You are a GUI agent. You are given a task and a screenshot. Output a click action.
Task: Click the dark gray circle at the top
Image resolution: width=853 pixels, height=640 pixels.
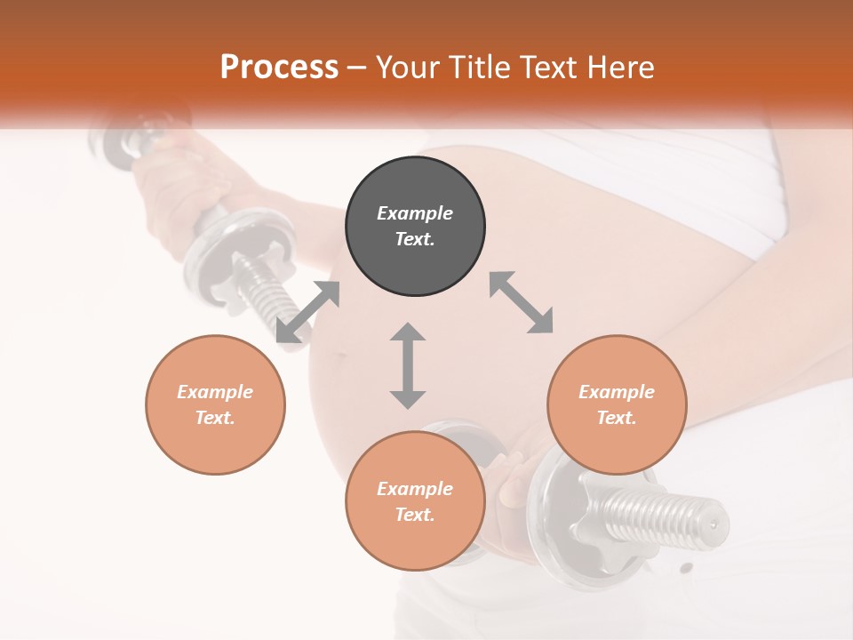[415, 227]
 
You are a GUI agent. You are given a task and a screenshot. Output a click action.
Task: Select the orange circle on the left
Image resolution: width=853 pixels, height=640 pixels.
[215, 404]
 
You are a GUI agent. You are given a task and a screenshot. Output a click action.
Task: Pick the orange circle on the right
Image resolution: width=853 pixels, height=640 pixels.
[617, 404]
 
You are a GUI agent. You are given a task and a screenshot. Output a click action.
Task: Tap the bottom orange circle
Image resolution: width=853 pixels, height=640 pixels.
[415, 500]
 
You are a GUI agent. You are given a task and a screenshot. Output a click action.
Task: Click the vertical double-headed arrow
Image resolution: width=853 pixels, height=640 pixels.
[408, 365]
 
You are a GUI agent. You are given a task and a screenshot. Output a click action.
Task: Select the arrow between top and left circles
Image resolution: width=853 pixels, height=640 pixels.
[307, 312]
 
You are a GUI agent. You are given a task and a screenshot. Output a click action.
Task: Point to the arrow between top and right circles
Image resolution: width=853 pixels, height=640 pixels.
[521, 302]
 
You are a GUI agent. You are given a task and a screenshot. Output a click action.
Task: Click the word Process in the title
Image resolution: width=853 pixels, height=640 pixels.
[279, 67]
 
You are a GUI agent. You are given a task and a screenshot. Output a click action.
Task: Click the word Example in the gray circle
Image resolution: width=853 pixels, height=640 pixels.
[415, 213]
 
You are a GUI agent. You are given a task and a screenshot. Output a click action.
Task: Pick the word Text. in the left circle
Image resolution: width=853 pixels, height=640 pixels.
[215, 418]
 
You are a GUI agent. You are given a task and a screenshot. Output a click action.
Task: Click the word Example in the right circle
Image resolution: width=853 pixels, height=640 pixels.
[617, 392]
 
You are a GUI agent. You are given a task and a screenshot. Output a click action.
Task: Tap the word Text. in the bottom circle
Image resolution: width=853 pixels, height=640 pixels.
[415, 515]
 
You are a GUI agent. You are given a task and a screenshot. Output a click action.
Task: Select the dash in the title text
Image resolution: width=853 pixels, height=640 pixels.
[356, 68]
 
